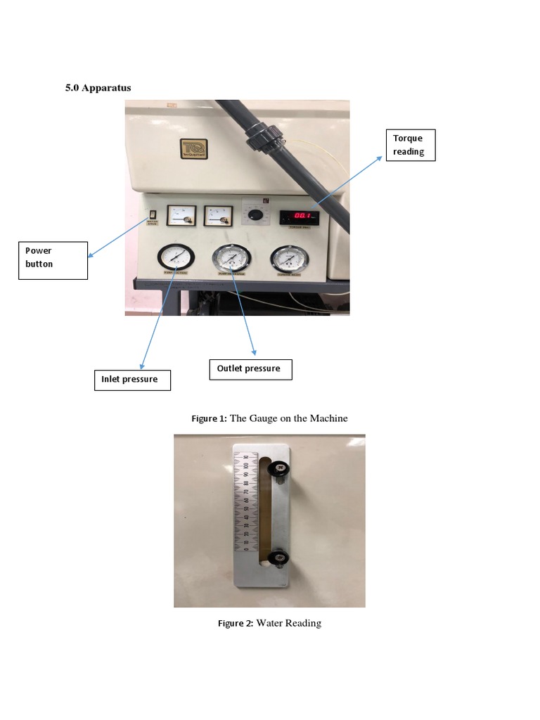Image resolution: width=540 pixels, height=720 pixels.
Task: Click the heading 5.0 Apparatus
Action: tap(98, 88)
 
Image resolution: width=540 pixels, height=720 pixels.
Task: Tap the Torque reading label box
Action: tap(411, 145)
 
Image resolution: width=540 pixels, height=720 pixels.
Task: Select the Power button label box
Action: tap(53, 260)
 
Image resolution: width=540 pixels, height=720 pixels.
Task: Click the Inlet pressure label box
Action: tap(131, 380)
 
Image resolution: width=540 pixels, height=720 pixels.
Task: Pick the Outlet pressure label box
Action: tap(250, 369)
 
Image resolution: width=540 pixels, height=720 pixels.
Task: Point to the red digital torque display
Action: tap(299, 217)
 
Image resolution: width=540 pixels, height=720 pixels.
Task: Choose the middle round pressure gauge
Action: tap(231, 259)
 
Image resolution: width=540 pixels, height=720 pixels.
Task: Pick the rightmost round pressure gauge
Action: tap(288, 259)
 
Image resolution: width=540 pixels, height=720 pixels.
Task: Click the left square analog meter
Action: tap(181, 215)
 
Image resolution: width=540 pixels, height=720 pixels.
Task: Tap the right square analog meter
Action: tap(218, 215)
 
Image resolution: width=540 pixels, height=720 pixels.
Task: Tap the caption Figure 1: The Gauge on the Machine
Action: tap(270, 418)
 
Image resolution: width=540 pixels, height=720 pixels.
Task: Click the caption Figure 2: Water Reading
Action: tap(270, 623)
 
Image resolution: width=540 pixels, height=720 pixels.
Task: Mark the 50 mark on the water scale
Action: tap(245, 508)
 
